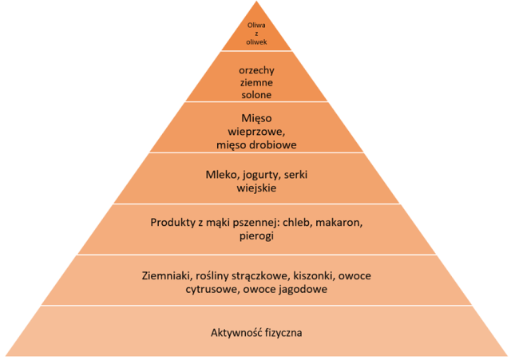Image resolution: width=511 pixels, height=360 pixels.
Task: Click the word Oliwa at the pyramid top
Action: coord(256,25)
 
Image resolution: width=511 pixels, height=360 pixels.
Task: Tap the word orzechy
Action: coord(256,69)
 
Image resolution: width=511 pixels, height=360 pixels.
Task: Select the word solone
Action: coord(256,95)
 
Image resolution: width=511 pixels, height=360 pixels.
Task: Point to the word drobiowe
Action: coord(275,145)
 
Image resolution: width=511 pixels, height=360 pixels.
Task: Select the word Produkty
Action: coord(173,221)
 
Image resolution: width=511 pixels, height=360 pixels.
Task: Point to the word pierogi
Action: coord(256,235)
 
